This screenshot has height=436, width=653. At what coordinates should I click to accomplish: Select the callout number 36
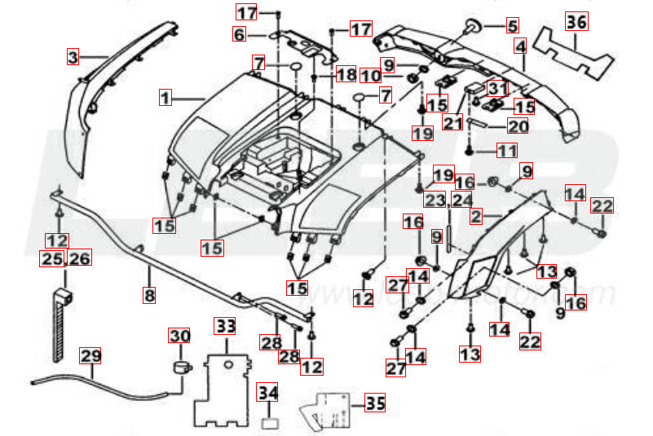pos(576,22)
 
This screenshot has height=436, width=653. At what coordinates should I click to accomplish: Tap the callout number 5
pos(512,26)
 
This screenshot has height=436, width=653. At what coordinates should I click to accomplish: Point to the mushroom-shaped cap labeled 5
pos(472,28)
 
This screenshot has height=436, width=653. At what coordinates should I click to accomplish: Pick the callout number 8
pos(149,296)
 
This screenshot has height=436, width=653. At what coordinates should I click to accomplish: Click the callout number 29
pos(90,356)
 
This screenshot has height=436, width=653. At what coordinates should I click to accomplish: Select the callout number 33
pos(225,326)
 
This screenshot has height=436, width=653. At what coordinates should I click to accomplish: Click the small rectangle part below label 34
pos(268,425)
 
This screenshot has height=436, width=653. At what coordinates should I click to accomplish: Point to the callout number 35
pos(374,403)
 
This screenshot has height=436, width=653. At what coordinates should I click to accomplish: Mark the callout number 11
pos(507,150)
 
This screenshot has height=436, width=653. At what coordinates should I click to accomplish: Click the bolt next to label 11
pos(470,151)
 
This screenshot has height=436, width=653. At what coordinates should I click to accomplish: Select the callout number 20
pos(518,126)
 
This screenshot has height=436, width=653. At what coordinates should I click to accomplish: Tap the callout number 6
pos(240,35)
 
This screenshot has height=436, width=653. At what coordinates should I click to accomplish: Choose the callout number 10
pos(371,77)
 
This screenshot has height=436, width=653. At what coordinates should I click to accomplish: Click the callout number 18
pos(346,74)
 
